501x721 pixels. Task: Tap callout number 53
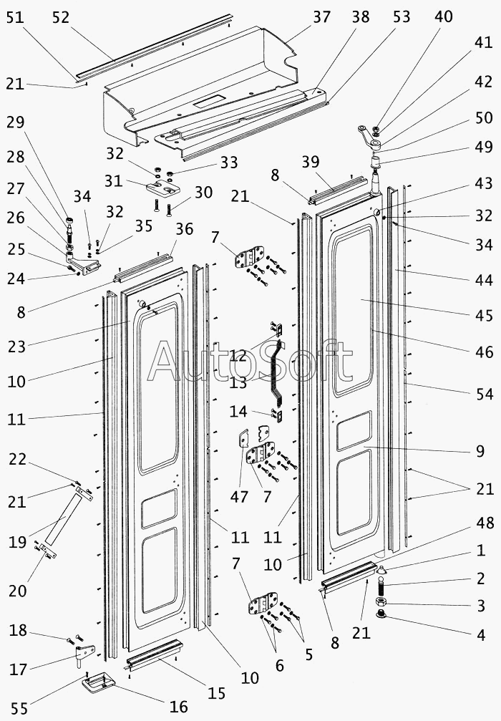click(402, 16)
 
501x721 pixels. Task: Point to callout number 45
click(484, 315)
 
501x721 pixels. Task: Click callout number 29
click(16, 122)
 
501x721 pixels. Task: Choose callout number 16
click(178, 707)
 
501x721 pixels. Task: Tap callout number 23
click(16, 347)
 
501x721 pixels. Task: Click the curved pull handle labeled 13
click(276, 372)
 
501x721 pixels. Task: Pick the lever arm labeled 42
click(364, 133)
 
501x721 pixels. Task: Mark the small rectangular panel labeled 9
click(363, 433)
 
